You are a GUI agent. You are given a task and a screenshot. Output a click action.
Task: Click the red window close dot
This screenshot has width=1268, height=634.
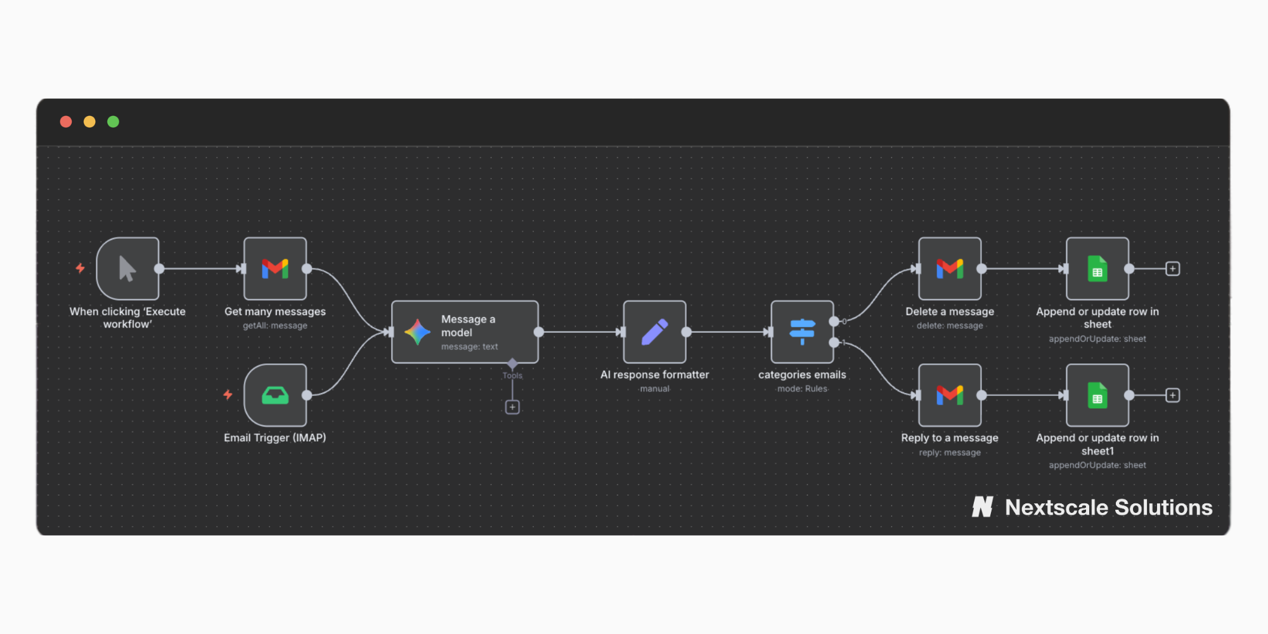66,122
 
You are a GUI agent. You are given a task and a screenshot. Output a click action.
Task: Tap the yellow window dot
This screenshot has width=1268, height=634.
89,122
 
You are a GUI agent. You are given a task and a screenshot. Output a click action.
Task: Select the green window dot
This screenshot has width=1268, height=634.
113,122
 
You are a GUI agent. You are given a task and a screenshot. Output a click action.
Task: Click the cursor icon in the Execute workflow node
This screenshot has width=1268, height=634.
127,269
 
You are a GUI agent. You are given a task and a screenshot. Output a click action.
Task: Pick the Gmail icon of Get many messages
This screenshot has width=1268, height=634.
275,269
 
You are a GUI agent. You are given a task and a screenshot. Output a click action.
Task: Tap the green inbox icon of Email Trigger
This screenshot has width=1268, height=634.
275,396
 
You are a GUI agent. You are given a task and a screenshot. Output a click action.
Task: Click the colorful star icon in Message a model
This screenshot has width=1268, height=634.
417,332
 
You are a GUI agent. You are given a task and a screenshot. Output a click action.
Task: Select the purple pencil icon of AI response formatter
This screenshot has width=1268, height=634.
655,332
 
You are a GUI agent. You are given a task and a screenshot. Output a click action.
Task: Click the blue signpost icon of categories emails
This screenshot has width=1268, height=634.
802,332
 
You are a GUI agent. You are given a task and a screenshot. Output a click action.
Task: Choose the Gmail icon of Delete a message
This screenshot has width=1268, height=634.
950,269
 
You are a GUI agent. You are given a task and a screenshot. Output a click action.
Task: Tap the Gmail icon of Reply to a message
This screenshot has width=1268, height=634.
950,396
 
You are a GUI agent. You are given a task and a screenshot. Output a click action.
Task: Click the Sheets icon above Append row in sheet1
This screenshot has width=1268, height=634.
1097,396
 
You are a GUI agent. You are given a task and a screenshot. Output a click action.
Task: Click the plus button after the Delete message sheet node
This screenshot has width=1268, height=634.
1173,269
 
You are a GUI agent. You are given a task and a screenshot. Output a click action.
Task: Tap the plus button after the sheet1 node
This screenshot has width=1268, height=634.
1173,396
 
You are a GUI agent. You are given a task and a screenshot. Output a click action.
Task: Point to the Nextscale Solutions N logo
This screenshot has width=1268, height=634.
983,507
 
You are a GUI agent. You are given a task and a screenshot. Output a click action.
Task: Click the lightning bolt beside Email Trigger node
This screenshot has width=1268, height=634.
228,395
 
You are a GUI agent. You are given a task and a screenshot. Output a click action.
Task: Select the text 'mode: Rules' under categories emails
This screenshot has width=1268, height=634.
802,389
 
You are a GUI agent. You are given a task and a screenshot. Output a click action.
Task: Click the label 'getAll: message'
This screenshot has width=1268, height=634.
275,326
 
